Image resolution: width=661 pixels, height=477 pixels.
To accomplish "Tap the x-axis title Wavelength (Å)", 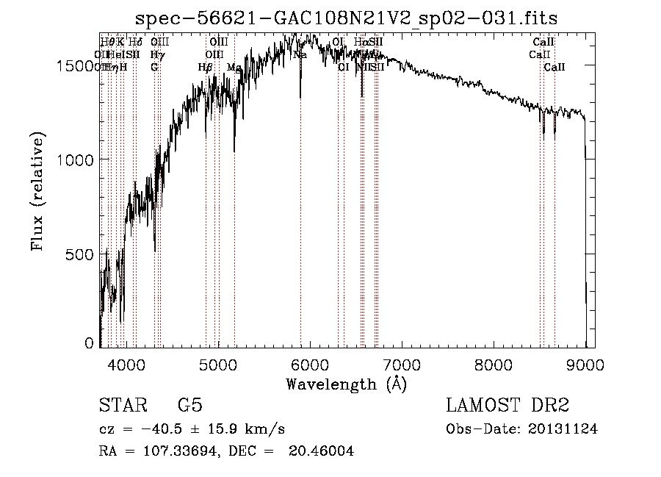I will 346,384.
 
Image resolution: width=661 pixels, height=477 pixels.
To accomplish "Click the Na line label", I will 300,55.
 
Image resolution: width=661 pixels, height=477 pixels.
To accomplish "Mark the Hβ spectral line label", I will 206,67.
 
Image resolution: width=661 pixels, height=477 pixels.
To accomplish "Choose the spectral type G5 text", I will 189,406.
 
